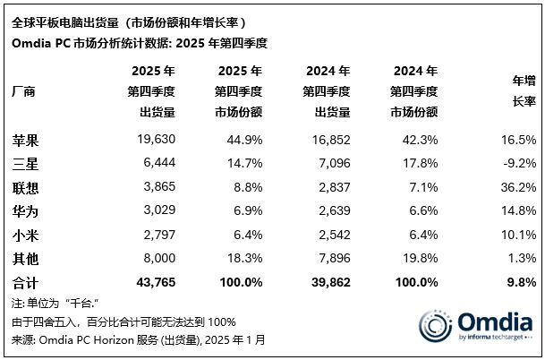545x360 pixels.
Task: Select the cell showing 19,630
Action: coord(152,140)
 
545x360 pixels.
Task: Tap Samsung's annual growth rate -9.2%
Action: coord(517,163)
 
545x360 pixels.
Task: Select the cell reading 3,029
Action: coord(155,210)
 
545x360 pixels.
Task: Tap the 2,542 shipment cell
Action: coord(330,235)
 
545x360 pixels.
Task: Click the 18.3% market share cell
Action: coord(243,258)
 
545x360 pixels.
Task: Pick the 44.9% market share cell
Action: coord(243,140)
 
